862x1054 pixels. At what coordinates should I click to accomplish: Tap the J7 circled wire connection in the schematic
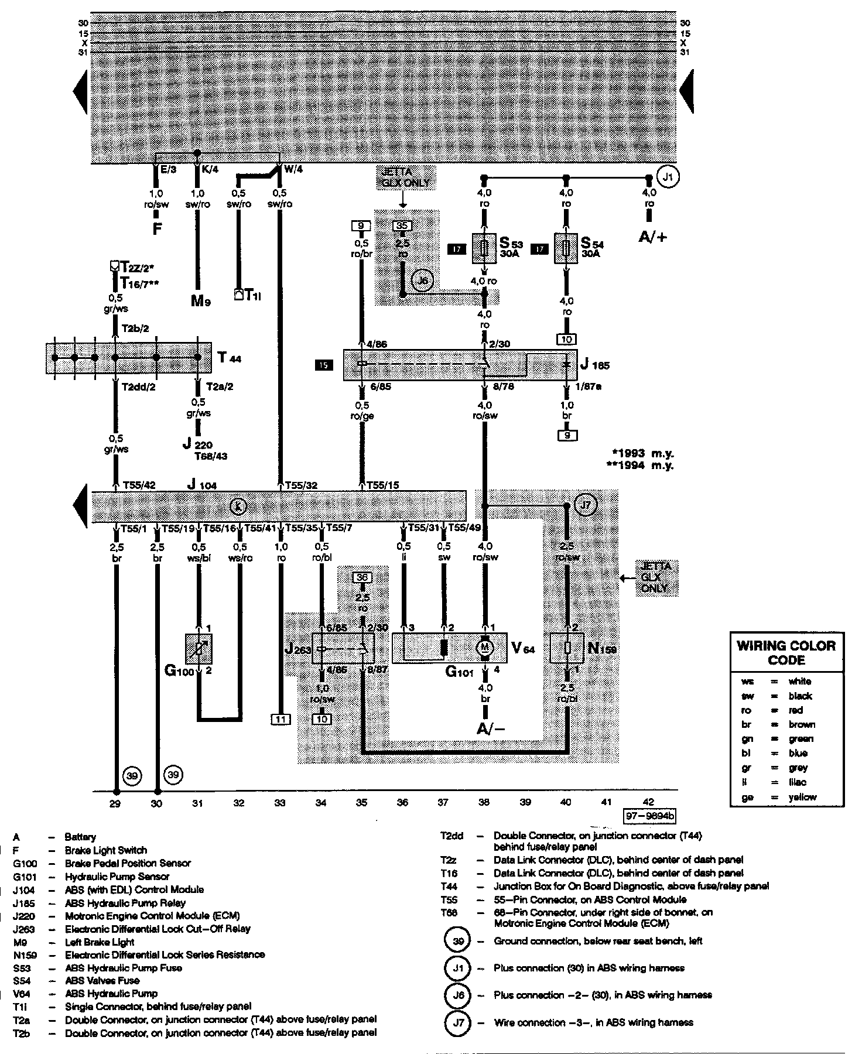[x=586, y=505]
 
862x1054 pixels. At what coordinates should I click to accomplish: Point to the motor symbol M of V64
[x=485, y=647]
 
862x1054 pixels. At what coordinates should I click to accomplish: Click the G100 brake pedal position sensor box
[x=199, y=648]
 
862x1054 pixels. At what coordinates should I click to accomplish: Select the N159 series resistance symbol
[x=566, y=648]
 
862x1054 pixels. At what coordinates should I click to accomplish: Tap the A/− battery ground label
[x=491, y=728]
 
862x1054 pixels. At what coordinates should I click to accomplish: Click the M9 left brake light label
[x=200, y=302]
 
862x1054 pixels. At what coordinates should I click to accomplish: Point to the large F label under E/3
[x=157, y=228]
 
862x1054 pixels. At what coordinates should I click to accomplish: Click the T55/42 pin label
[x=139, y=485]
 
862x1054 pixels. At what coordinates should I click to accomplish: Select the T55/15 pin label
[x=383, y=485]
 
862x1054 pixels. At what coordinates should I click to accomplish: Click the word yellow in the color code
[x=802, y=797]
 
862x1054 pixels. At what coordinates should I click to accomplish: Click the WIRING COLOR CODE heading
[x=786, y=653]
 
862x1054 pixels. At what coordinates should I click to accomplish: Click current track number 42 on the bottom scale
[x=648, y=803]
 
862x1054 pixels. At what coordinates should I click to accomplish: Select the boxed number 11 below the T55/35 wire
[x=281, y=719]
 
